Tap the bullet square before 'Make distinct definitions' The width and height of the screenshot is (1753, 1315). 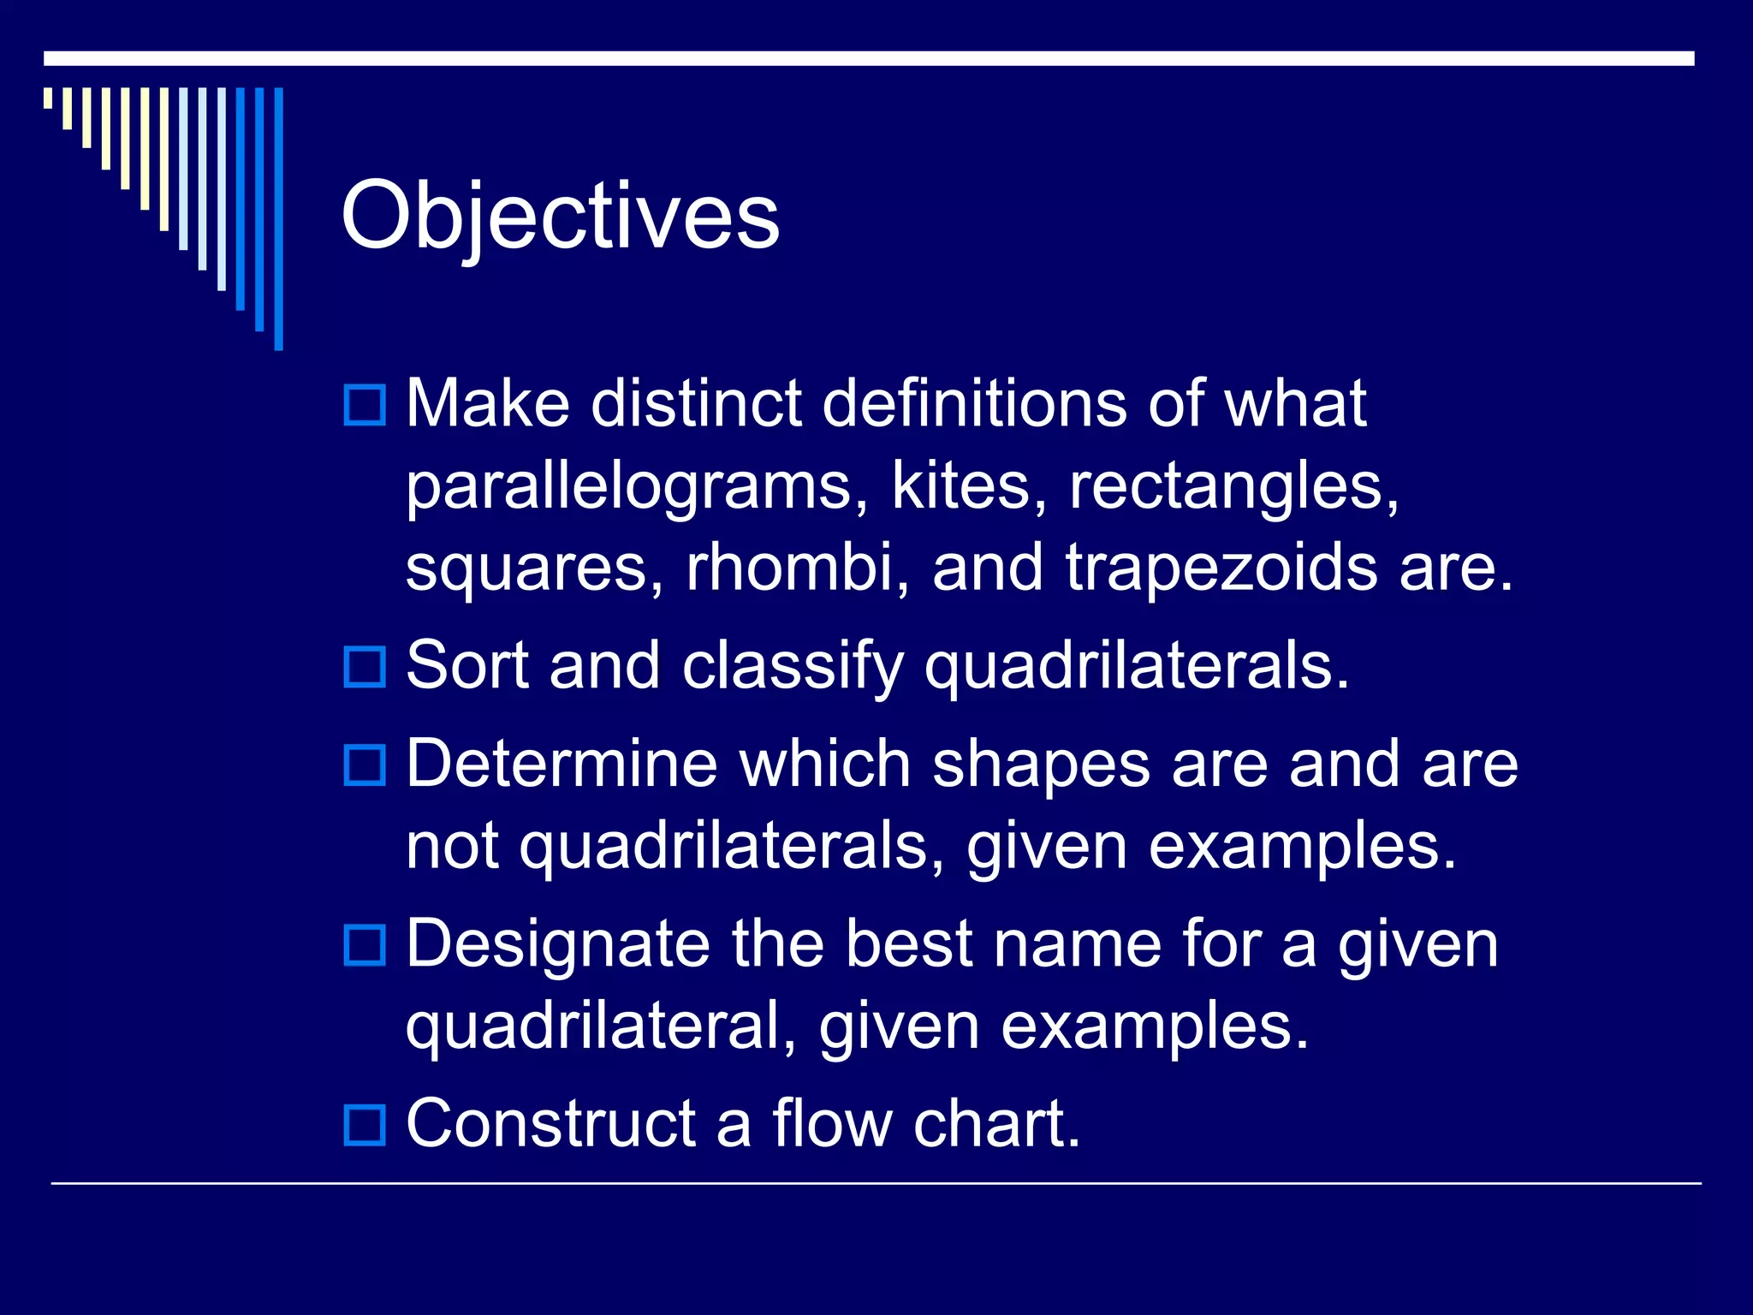pyautogui.click(x=365, y=405)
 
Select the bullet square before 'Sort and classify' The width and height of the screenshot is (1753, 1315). pyautogui.click(x=365, y=667)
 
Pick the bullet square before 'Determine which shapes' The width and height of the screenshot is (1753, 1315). pyautogui.click(x=365, y=765)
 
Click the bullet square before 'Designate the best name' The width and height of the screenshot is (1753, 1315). pyautogui.click(x=365, y=945)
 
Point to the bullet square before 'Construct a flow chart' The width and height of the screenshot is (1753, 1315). pyautogui.click(x=365, y=1125)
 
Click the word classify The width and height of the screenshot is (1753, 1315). pyautogui.click(x=793, y=668)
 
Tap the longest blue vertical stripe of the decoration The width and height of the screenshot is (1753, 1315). pyautogui.click(x=278, y=218)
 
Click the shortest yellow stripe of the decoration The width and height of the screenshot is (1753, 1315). pyautogui.click(x=48, y=98)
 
